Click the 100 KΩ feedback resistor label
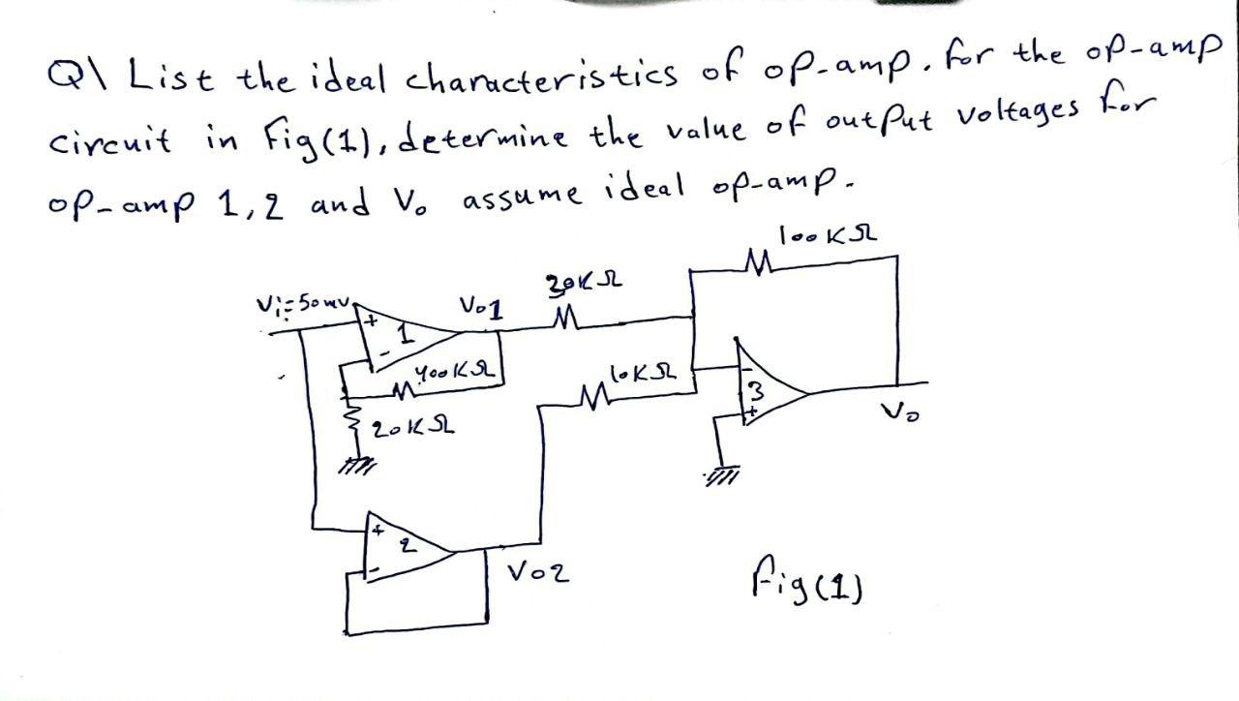(829, 236)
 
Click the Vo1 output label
(481, 309)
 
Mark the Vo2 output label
(537, 573)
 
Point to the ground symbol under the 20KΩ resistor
(360, 467)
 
